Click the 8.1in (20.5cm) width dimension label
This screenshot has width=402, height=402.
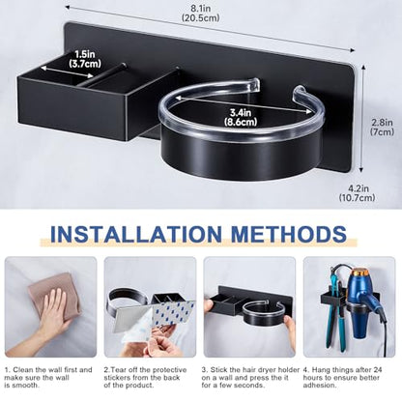(x=200, y=13)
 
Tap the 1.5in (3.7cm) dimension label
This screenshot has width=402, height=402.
(x=85, y=59)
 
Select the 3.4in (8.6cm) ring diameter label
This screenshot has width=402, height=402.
(x=241, y=117)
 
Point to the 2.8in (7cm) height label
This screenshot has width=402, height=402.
(x=382, y=127)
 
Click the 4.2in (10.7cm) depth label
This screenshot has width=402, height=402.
(x=357, y=193)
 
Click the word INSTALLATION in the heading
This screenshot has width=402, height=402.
(x=136, y=234)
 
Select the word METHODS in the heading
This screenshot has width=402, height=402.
(x=289, y=234)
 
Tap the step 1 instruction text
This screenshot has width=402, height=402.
(x=48, y=378)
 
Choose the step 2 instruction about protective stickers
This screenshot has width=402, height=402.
(x=145, y=378)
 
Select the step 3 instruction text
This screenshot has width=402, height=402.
(x=250, y=378)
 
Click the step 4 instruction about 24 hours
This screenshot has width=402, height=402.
(x=343, y=378)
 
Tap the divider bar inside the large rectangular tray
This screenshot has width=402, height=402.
(x=101, y=75)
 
